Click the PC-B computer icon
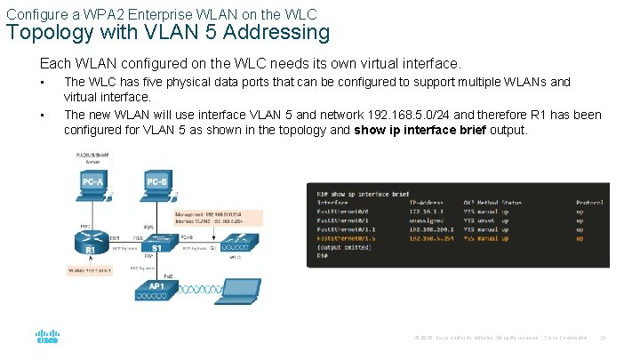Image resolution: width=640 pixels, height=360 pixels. pos(156,185)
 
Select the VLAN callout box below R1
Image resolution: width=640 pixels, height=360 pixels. pos(90,269)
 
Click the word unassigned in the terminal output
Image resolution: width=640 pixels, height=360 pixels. pos(428,220)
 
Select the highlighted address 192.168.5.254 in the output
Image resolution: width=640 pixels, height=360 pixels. pos(429,238)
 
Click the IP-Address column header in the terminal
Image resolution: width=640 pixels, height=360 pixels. pos(428,202)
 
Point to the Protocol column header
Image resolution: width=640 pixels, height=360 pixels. pos(589,202)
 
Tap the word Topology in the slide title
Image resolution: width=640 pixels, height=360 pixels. pos(43,33)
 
